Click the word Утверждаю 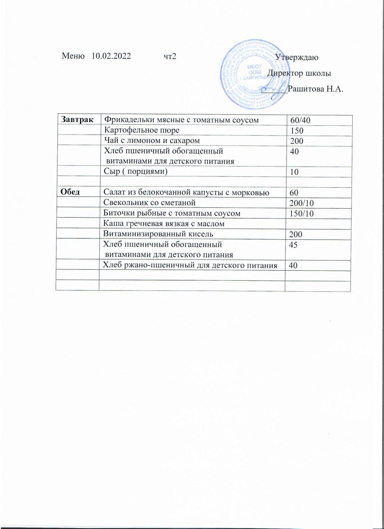pos(297,57)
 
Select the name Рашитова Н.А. pos(315,89)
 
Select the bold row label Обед pos(70,192)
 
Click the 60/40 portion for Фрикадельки pos(300,120)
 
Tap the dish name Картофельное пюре pos(142,130)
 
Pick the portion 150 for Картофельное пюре pos(297,131)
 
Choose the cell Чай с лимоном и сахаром pos(152,140)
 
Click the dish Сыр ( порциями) pos(136,171)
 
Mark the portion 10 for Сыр pos(294,172)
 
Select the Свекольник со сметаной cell pos(149,203)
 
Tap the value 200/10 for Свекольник pos(302,203)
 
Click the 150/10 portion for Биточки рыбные pos(302,213)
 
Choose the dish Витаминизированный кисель pos(158,234)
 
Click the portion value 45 pos(293,245)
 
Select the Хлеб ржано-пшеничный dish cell pos(190,265)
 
